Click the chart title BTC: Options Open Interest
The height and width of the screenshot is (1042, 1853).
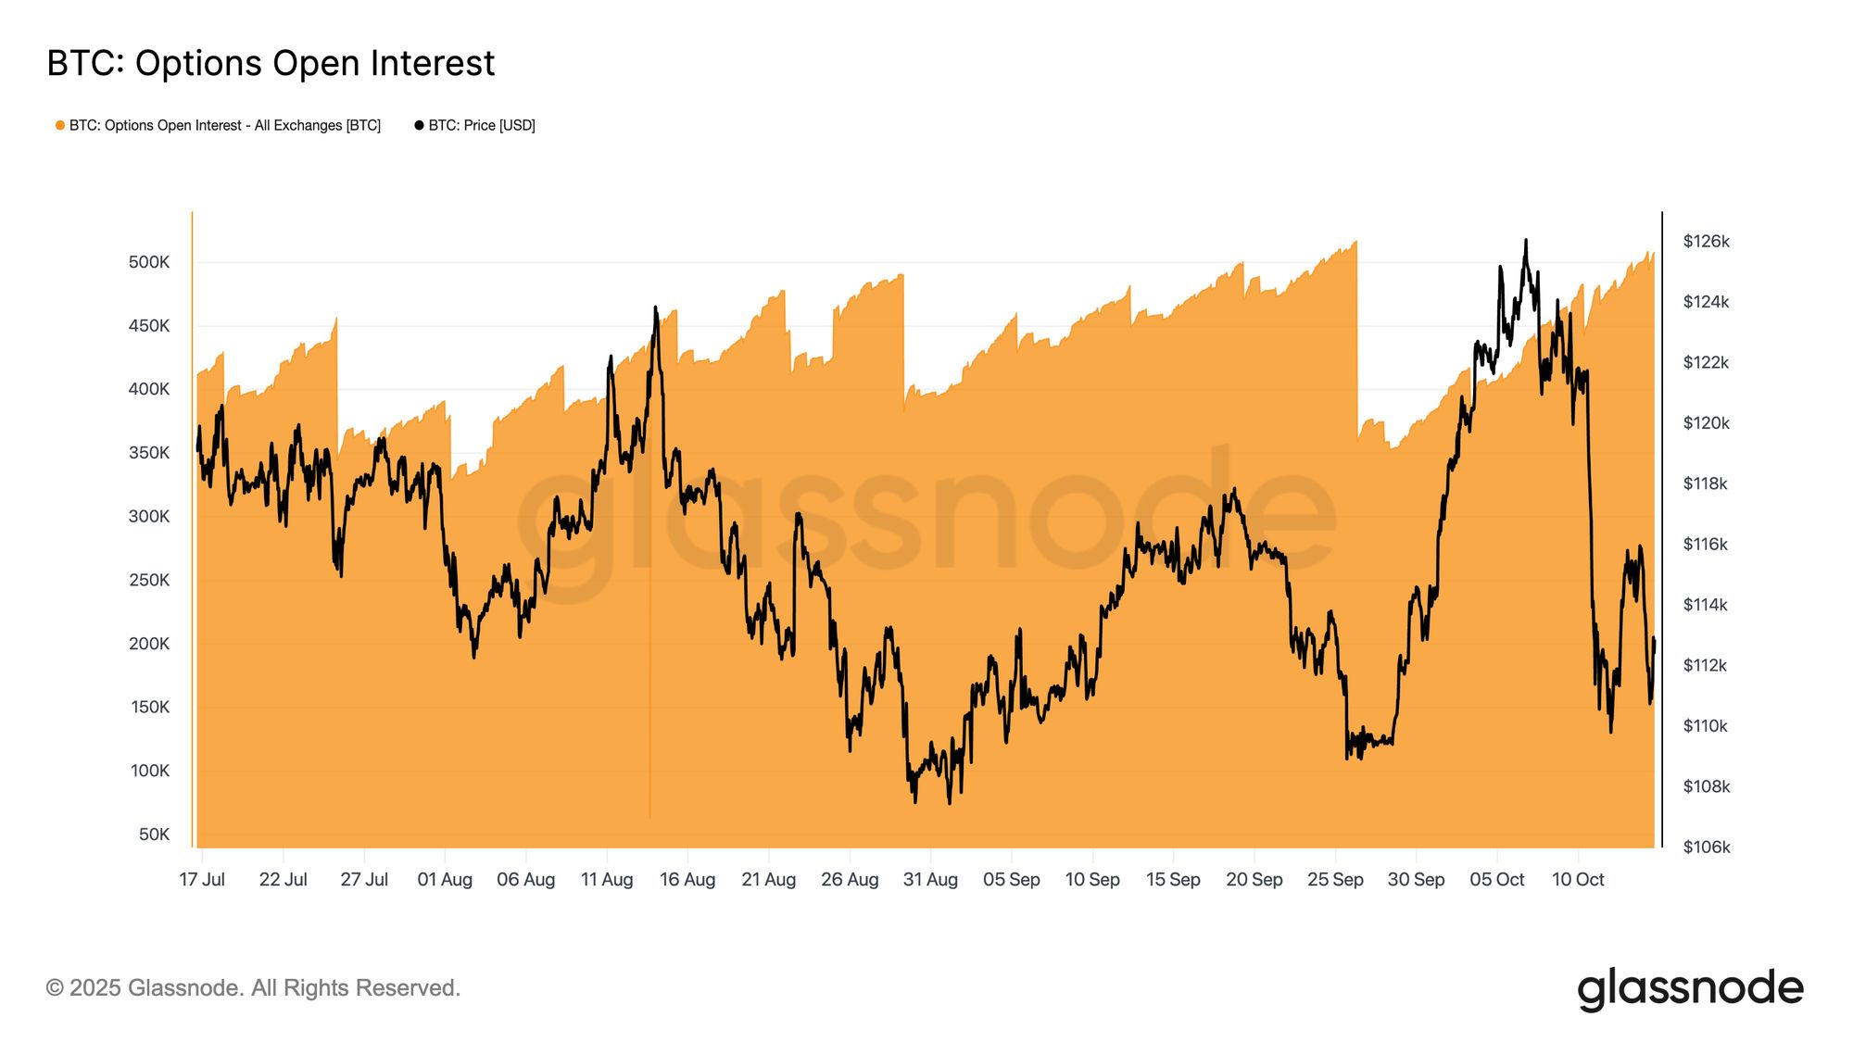point(271,63)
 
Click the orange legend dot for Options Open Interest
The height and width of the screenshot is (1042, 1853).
point(60,125)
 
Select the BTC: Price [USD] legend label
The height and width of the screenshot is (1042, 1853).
point(481,125)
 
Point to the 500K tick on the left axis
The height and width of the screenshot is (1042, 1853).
point(149,262)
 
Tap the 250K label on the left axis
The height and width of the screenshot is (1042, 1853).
point(149,580)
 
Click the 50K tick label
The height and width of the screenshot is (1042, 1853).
point(154,834)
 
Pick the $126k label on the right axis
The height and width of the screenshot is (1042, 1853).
point(1706,241)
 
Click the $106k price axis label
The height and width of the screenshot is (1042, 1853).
point(1706,847)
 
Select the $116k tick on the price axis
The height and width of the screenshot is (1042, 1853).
point(1706,544)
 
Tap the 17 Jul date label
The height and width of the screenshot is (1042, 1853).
point(202,879)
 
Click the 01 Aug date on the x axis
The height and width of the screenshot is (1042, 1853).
point(445,879)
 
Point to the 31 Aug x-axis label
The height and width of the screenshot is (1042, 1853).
point(930,879)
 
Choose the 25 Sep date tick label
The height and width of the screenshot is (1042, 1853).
point(1335,879)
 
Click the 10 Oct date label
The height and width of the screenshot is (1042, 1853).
point(1578,879)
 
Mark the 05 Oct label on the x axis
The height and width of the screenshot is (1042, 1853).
point(1497,879)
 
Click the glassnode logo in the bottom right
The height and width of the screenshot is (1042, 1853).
point(1690,988)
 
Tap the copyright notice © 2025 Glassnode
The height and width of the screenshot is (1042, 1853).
point(253,988)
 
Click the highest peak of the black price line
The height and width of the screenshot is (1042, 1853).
point(1525,241)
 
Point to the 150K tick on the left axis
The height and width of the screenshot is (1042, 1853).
point(149,707)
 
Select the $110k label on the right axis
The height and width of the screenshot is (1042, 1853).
point(1706,725)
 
